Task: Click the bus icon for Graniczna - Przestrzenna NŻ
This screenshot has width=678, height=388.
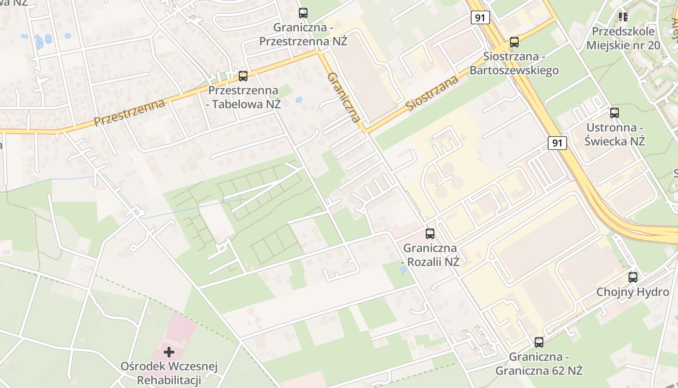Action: (x=303, y=13)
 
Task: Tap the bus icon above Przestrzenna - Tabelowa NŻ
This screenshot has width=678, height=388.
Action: (x=243, y=76)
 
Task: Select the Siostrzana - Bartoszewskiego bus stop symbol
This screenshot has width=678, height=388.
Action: (x=514, y=42)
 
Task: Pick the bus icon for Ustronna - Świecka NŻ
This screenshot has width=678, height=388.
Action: (x=615, y=113)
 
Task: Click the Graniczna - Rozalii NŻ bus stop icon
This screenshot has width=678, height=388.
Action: (x=430, y=234)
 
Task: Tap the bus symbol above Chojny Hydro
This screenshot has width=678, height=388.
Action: (x=633, y=277)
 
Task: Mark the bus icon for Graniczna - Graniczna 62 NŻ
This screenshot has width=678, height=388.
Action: (x=539, y=342)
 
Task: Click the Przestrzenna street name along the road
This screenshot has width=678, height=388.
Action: (x=129, y=112)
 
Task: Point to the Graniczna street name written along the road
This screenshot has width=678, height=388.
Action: (x=344, y=97)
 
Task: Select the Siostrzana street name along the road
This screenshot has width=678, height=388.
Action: (x=432, y=93)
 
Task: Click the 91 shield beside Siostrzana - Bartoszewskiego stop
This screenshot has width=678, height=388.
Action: (x=479, y=18)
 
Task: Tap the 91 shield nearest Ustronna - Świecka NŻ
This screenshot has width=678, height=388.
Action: (x=557, y=143)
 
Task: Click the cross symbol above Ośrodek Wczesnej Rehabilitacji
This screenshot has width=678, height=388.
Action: (x=169, y=352)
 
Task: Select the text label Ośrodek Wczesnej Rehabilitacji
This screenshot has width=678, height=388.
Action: (x=169, y=373)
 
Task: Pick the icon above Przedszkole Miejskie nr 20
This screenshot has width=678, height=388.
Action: (x=623, y=17)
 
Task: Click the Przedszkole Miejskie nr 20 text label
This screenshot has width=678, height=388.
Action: (x=623, y=38)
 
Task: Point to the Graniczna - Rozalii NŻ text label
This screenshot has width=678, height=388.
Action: (x=431, y=255)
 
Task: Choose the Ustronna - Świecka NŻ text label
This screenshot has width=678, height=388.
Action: (x=615, y=134)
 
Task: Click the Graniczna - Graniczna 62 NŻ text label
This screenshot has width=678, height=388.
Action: (x=539, y=364)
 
